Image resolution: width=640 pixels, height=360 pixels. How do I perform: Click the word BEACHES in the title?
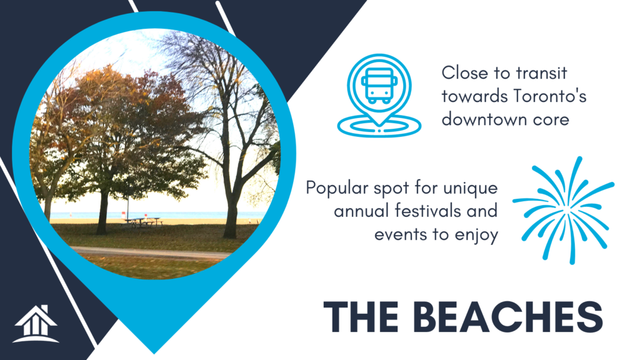coord(508,317)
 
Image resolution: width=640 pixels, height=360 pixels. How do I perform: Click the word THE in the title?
coord(361,317)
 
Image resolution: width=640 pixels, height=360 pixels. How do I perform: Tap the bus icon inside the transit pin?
coord(379,85)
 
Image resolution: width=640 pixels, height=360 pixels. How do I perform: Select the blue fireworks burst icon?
coord(564,210)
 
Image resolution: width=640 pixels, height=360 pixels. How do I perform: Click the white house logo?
coord(36,324)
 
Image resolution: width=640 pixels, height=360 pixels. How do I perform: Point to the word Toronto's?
coord(550,96)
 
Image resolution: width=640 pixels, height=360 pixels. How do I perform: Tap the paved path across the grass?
coord(151,253)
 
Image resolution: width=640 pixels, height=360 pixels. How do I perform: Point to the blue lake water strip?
coord(155,215)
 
